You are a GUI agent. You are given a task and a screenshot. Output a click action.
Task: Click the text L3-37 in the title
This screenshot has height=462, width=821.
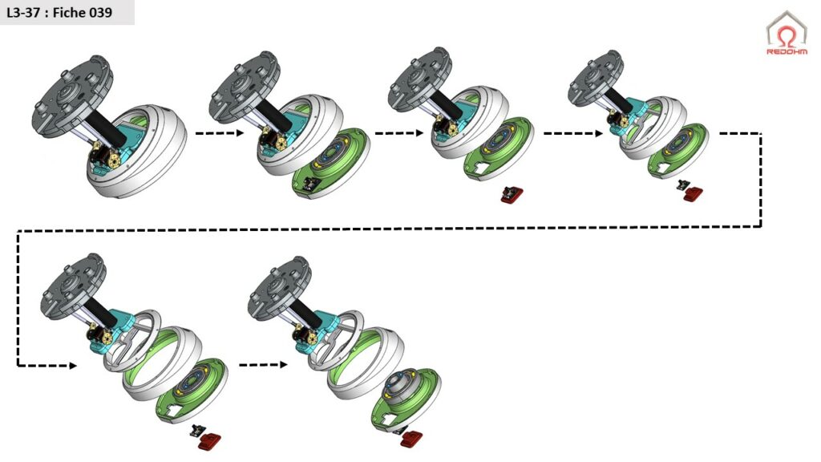23,13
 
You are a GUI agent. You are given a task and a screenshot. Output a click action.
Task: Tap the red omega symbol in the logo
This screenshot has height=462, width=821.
787,37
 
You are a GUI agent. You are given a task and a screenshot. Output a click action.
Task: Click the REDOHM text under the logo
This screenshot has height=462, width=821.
787,52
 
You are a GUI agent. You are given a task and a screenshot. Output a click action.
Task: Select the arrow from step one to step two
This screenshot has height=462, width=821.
220,133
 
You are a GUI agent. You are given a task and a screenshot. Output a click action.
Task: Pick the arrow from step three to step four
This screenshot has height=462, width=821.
573,133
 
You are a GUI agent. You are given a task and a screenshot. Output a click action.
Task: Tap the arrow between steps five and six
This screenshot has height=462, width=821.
263,365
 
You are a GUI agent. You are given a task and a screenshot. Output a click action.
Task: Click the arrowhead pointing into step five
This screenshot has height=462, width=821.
73,365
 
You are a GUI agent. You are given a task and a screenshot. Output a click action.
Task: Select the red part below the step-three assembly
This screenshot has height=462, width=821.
512,195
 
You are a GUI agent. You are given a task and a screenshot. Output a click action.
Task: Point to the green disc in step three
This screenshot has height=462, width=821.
499,149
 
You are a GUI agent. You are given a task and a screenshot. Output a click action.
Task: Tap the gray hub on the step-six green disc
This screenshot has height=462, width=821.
401,383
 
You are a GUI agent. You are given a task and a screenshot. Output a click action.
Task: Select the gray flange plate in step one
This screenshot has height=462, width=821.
72,96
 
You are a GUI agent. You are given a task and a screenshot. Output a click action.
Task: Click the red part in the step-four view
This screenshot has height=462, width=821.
694,194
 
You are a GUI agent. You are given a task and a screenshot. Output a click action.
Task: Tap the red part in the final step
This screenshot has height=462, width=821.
412,439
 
